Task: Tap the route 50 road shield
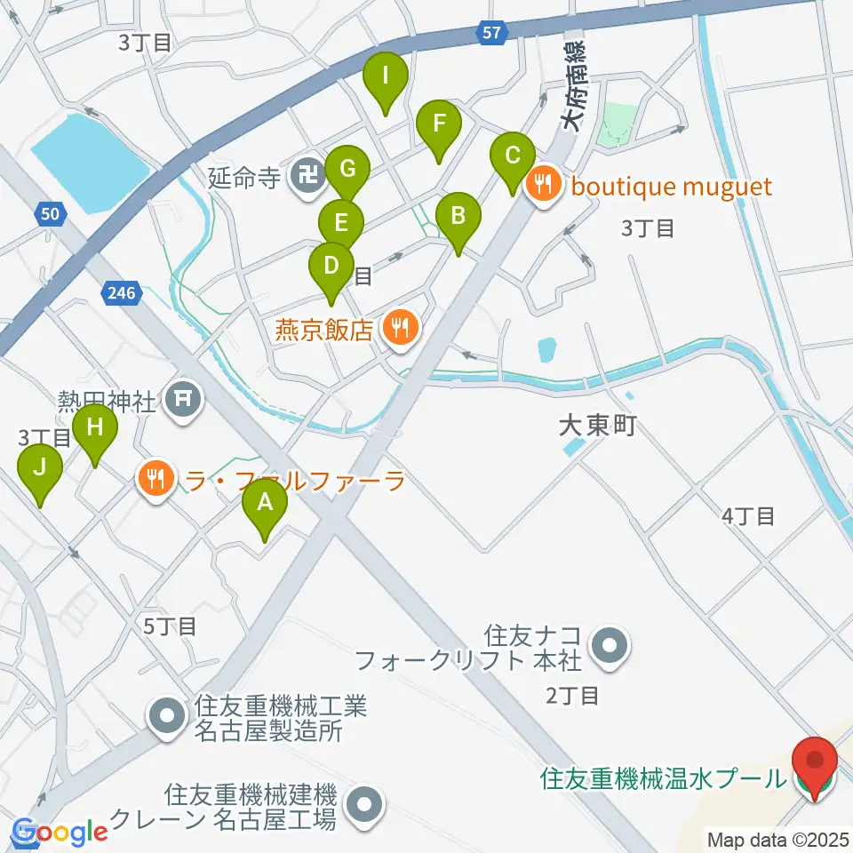[x=51, y=213]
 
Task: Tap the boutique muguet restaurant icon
[x=543, y=187]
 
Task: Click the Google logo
[x=60, y=833]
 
